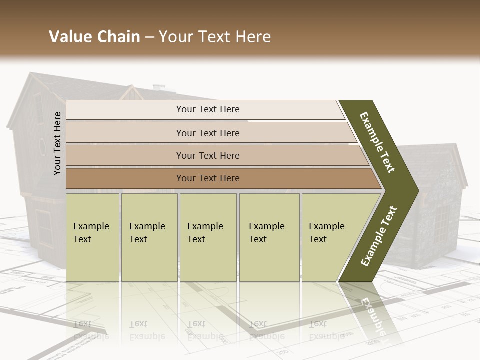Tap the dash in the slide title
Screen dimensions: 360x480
tap(149, 37)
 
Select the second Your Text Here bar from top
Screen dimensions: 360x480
tap(208, 133)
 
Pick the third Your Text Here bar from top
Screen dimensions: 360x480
tap(208, 155)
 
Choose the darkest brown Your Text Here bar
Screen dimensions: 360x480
tap(208, 178)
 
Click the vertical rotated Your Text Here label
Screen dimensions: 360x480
tap(57, 143)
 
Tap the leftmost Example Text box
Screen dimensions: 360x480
tap(92, 237)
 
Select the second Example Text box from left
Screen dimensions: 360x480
tap(149, 237)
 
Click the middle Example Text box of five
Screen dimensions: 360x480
tap(208, 237)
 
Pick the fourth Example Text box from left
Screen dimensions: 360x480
tap(269, 237)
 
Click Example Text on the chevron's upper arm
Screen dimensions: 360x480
tap(377, 142)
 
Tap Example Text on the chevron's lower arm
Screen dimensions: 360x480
tap(378, 236)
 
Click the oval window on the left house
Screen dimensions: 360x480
tap(42, 147)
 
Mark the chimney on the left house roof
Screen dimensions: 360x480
tap(159, 87)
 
